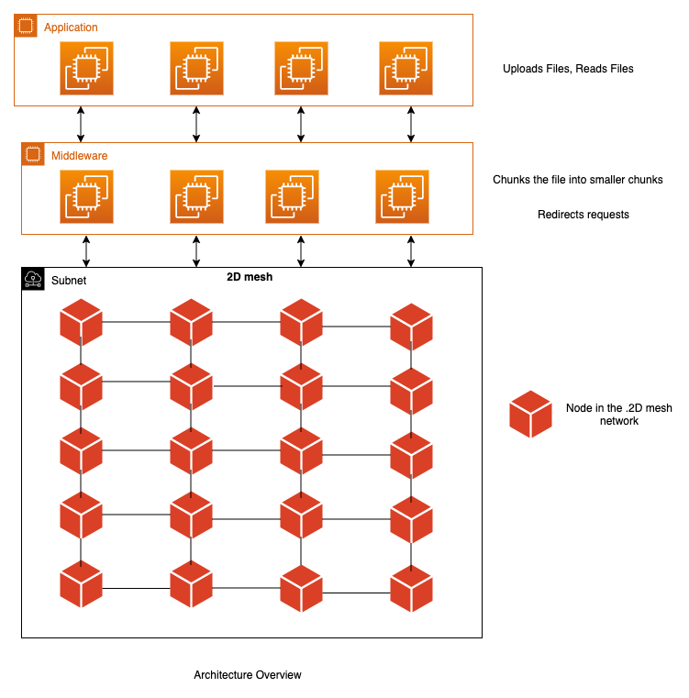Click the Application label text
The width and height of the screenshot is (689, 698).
coord(71,28)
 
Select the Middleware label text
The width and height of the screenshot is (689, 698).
coord(78,156)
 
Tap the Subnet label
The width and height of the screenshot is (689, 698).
coord(69,280)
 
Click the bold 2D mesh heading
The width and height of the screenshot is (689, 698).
coord(250,276)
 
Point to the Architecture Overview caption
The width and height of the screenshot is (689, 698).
coord(248,675)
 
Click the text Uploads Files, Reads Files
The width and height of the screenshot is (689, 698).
coord(568,69)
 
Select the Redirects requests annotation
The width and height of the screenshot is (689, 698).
coord(583,215)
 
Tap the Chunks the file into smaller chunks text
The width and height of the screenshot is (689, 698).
coord(578,180)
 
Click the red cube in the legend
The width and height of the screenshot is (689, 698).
coord(531,414)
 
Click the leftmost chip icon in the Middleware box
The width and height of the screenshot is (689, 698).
coord(86,196)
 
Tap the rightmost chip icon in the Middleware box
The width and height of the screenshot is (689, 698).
coord(402,196)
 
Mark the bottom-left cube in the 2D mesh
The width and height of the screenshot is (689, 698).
coord(82,585)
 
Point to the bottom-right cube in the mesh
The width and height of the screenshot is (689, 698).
coord(411,591)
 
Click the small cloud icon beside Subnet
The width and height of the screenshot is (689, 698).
coord(33,279)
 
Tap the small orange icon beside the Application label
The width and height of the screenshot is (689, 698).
coord(27,27)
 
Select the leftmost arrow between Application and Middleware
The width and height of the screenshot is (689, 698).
coord(82,124)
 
